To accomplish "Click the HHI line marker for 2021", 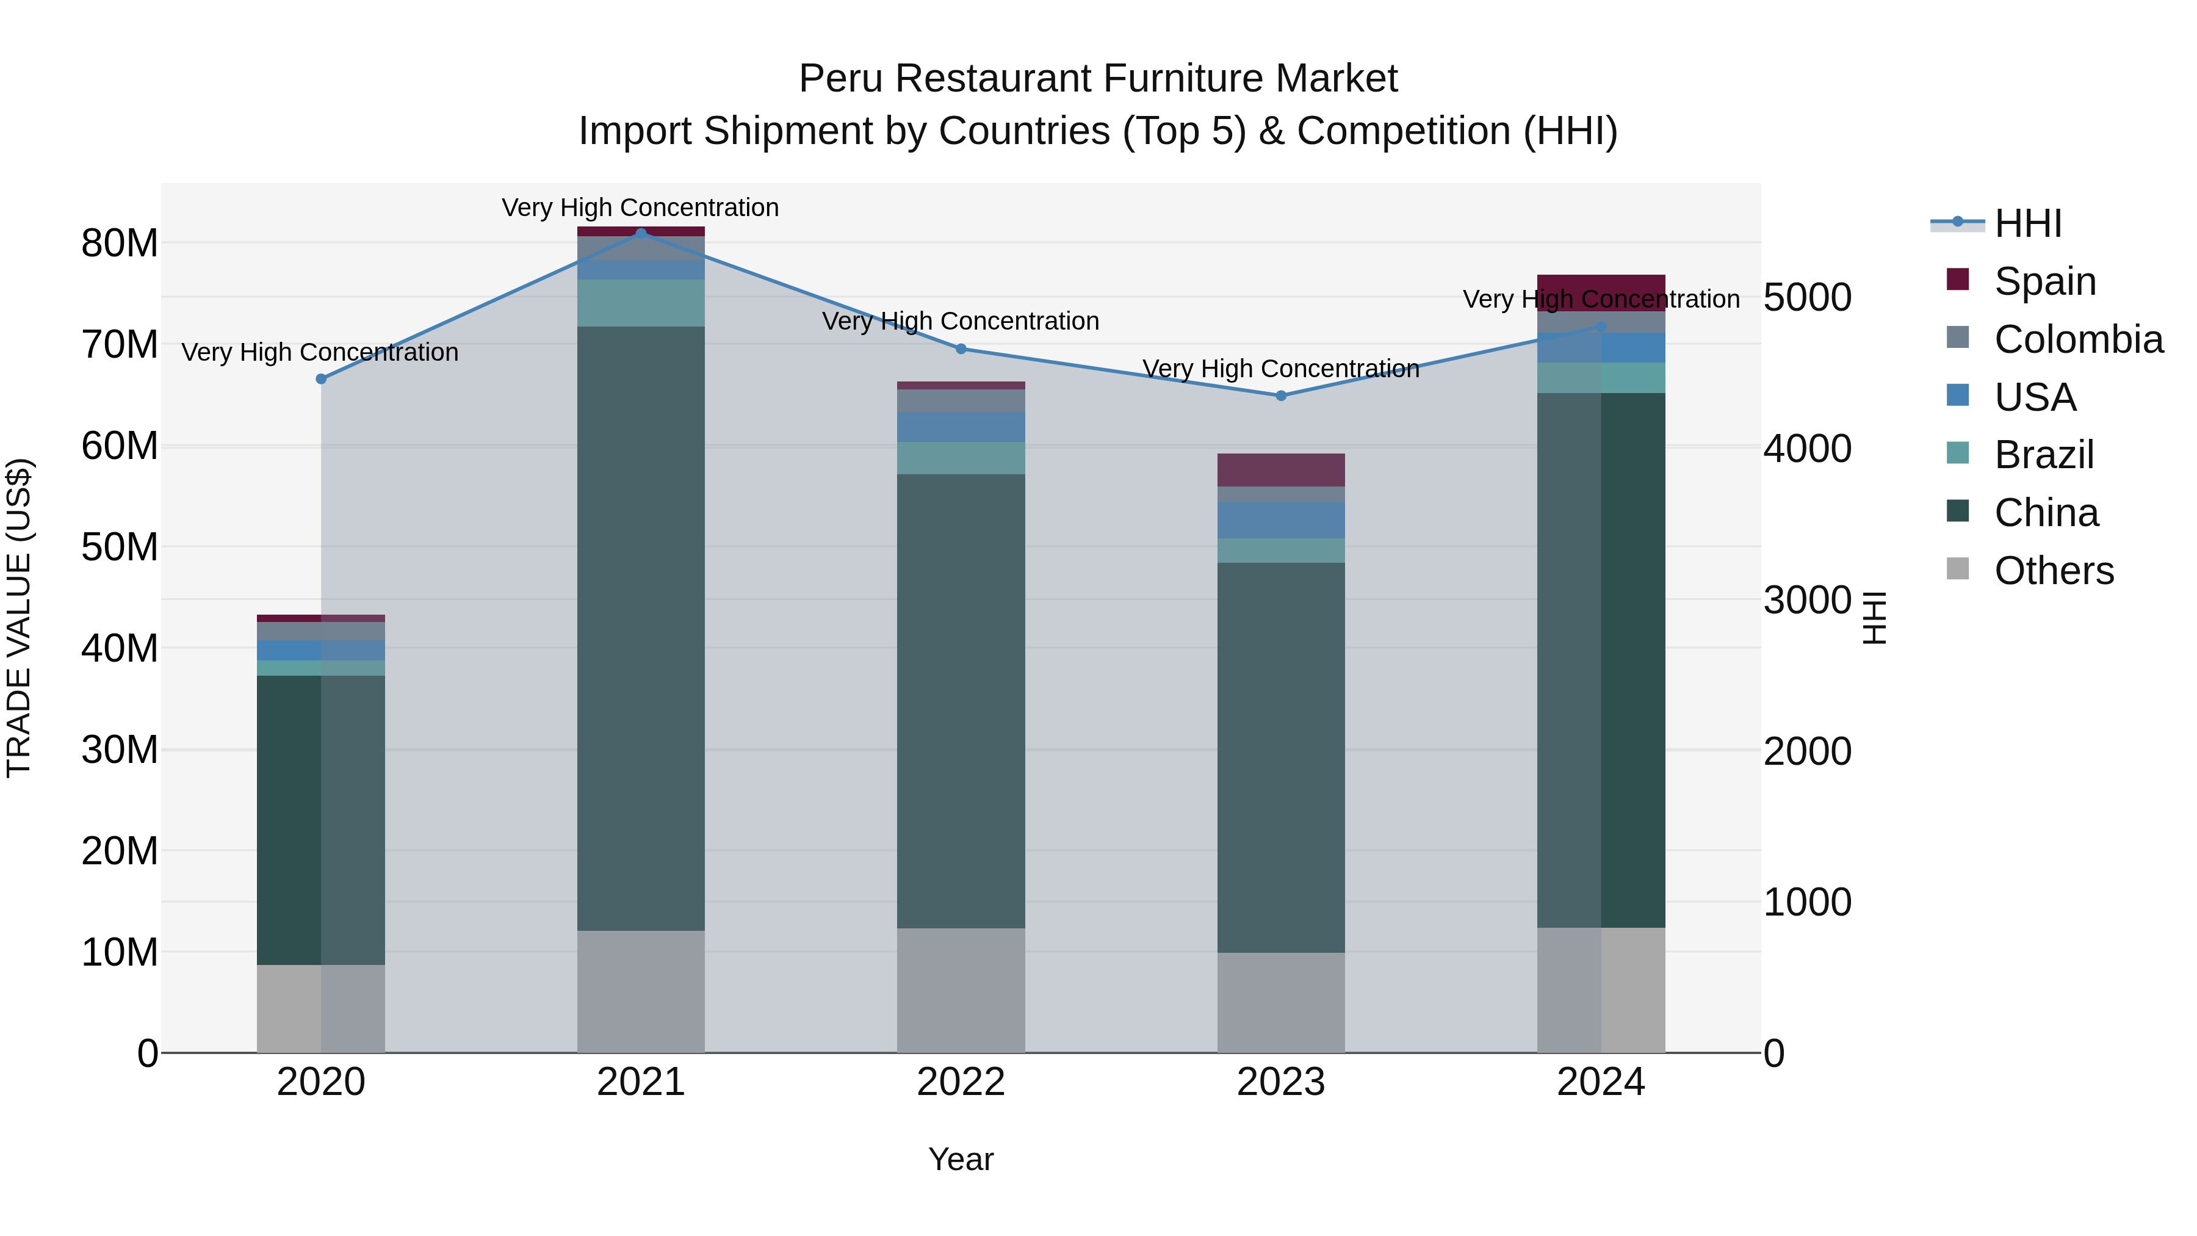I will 641,233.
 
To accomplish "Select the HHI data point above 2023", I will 1280,396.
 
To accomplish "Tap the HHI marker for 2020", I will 320,378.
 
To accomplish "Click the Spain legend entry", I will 2044,281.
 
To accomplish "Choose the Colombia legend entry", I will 2077,339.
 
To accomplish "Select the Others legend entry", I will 2053,570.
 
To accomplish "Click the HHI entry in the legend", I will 2027,223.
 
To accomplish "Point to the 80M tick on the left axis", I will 120,243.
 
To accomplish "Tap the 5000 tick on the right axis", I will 1807,298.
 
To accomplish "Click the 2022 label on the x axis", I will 961,1082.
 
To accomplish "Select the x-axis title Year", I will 961,1159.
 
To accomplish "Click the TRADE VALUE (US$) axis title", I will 19,618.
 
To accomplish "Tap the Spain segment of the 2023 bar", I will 1280,470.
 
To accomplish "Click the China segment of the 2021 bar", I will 641,628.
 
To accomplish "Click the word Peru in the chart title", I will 841,79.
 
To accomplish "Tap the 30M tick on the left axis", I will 120,750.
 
